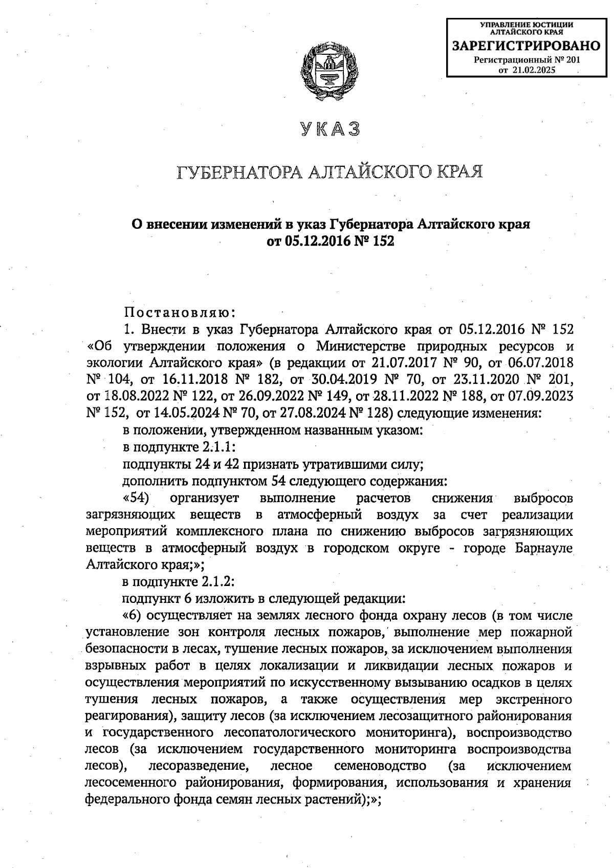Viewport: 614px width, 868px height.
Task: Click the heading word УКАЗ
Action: (x=330, y=129)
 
